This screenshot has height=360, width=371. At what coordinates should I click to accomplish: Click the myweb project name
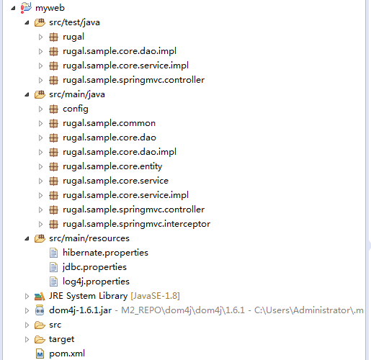pyautogui.click(x=50, y=8)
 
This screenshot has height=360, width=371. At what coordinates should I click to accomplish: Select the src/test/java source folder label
pyautogui.click(x=74, y=22)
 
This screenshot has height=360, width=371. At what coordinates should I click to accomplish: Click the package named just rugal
pyautogui.click(x=73, y=37)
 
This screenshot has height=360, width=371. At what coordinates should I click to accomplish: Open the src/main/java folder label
pyautogui.click(x=77, y=94)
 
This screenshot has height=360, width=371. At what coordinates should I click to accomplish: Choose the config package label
pyautogui.click(x=76, y=109)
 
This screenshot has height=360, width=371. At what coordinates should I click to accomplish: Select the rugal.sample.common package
pyautogui.click(x=109, y=123)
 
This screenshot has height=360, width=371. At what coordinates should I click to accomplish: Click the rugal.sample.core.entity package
pyautogui.click(x=112, y=166)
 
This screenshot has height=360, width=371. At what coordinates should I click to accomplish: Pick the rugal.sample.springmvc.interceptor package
pyautogui.click(x=136, y=224)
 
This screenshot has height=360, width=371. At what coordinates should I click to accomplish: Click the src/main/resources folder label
pyautogui.click(x=89, y=238)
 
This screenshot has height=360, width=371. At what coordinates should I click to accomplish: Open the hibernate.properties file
pyautogui.click(x=105, y=253)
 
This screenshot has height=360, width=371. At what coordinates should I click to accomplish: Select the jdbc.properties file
pyautogui.click(x=94, y=267)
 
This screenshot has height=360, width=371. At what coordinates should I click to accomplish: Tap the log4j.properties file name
pyautogui.click(x=96, y=282)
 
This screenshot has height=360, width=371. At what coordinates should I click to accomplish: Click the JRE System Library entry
pyautogui.click(x=88, y=296)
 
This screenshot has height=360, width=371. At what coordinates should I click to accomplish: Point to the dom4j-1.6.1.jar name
pyautogui.click(x=80, y=310)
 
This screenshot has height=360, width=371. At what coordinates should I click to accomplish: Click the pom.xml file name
pyautogui.click(x=67, y=354)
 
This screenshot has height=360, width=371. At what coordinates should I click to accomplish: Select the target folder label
pyautogui.click(x=61, y=339)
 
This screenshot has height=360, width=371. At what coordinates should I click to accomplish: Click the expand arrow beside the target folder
pyautogui.click(x=27, y=340)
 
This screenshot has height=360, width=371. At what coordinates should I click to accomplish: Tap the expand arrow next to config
pyautogui.click(x=40, y=109)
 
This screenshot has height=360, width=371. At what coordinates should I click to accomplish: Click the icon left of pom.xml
pyautogui.click(x=40, y=354)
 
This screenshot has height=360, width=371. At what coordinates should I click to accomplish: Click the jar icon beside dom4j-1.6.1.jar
pyautogui.click(x=40, y=310)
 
